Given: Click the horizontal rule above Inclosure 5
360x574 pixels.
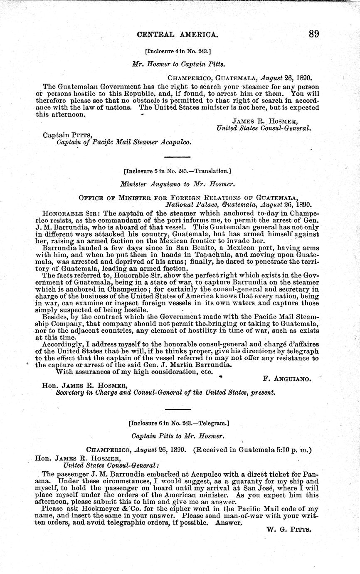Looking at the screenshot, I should pyautogui.click(x=178, y=157).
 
